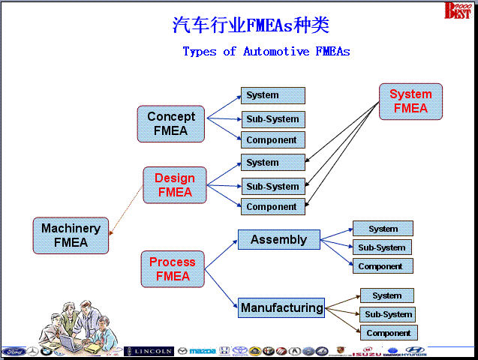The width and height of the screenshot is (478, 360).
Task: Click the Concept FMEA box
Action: click(170, 124)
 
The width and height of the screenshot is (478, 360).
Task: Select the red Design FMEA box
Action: click(174, 185)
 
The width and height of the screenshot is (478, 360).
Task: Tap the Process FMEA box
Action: click(172, 269)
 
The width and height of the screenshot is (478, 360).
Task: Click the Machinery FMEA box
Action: click(71, 235)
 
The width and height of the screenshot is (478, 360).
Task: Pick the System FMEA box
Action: click(410, 101)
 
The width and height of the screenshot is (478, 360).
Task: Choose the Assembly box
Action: click(278, 240)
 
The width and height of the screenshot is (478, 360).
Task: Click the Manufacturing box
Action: click(281, 307)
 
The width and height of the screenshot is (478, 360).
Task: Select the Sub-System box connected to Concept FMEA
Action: click(272, 119)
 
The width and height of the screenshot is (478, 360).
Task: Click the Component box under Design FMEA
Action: click(272, 207)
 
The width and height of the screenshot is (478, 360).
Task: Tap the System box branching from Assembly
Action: click(383, 229)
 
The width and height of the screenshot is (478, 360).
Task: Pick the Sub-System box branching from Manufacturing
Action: click(387, 314)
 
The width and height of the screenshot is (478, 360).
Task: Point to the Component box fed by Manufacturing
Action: click(388, 333)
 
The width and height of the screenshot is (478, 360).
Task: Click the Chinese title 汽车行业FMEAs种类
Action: click(251, 25)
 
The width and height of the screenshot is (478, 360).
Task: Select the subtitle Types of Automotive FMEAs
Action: click(266, 52)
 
